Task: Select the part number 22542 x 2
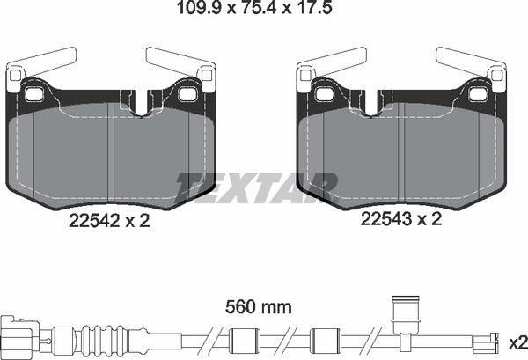(108, 222)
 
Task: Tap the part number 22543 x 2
(398, 222)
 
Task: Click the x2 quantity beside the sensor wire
(516, 340)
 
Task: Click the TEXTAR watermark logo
(257, 186)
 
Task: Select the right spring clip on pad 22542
(180, 64)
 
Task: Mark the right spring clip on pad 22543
(472, 64)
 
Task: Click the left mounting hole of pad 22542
(34, 93)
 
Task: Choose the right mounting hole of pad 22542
(188, 93)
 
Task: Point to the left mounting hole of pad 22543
(325, 93)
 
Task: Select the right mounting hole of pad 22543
(479, 93)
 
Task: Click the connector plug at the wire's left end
(20, 334)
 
